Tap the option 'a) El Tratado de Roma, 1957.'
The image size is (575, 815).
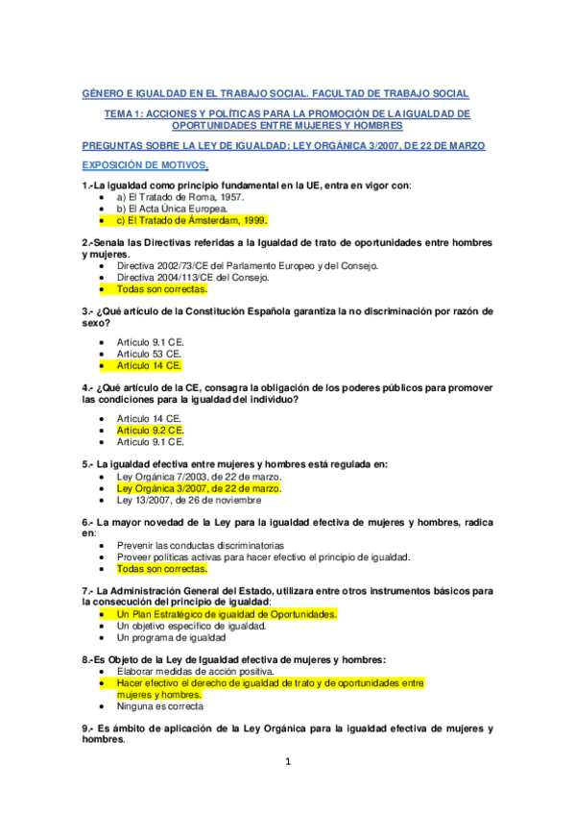[170, 196]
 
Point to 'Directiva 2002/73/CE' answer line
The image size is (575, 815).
[247, 265]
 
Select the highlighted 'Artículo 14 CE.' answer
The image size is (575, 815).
[149, 365]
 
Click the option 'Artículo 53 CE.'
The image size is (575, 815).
[149, 354]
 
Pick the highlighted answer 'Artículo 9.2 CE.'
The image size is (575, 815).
[150, 431]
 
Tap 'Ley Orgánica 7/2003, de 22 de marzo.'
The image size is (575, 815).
[199, 477]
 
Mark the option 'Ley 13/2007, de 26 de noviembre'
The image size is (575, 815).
[189, 500]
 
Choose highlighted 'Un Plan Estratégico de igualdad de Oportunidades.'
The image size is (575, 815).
[227, 613]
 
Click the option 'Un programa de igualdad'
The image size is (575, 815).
[172, 636]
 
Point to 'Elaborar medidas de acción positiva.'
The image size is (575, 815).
[195, 671]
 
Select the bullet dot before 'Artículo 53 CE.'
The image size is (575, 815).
[102, 354]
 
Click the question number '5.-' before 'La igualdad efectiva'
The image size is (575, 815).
[88, 464]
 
